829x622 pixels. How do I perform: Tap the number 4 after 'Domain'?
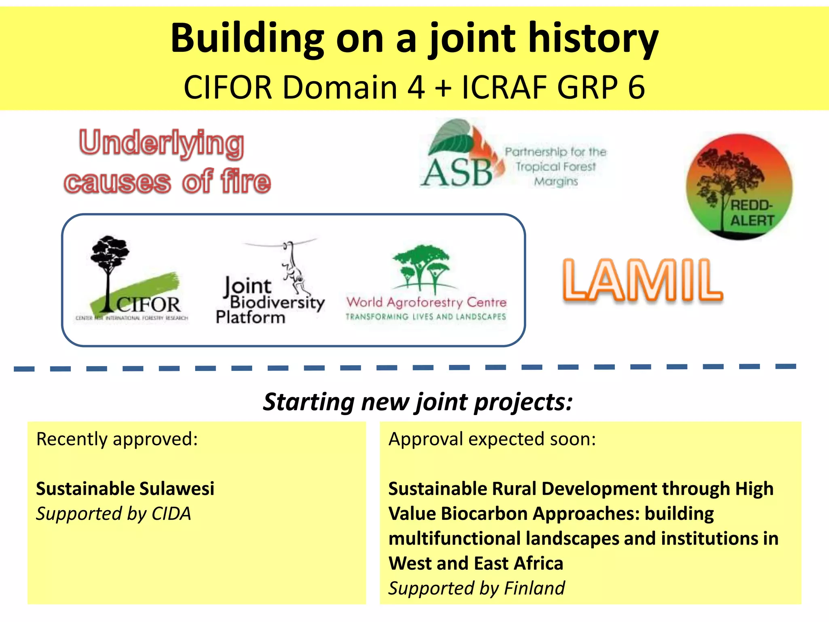(x=416, y=87)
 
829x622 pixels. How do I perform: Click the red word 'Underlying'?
(x=162, y=144)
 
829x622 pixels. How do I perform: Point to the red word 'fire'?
(x=246, y=181)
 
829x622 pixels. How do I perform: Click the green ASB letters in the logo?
(x=457, y=173)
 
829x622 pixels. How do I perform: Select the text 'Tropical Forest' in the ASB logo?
(x=555, y=166)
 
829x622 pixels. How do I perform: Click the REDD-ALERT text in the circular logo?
(x=752, y=213)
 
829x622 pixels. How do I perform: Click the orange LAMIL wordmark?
(x=642, y=280)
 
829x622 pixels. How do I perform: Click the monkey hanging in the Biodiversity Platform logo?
(x=295, y=269)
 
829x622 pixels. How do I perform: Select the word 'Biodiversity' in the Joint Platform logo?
(x=277, y=302)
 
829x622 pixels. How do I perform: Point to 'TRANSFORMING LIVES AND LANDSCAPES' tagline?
(x=425, y=317)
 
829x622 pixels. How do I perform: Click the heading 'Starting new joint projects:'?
(x=418, y=402)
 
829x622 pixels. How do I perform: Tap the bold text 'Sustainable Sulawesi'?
(x=125, y=488)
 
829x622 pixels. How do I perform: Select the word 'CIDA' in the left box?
(x=171, y=513)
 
